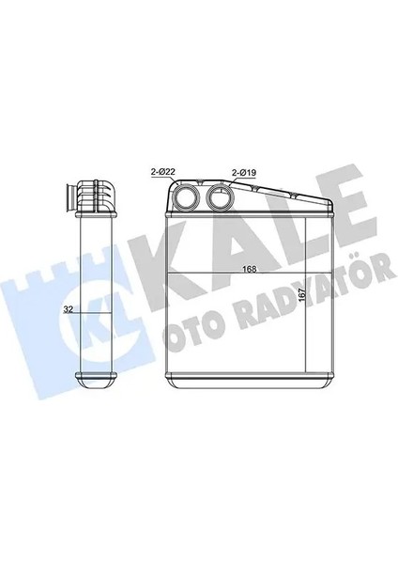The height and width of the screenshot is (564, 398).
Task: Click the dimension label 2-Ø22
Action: [161, 171]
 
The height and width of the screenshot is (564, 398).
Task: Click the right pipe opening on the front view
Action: [221, 199]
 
